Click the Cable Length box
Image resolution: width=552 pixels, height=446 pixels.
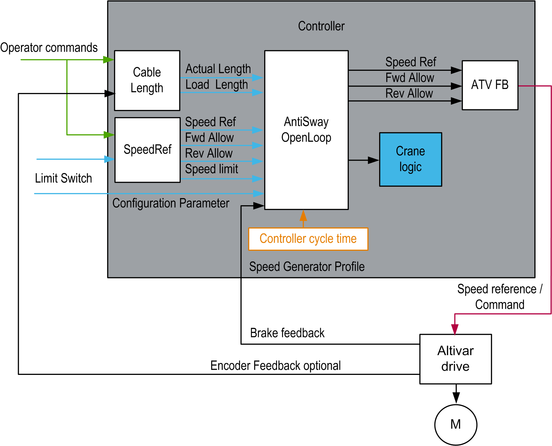tap(147, 80)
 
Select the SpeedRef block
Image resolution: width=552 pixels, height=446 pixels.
tap(147, 150)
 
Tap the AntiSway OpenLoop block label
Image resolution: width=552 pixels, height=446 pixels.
tap(306, 130)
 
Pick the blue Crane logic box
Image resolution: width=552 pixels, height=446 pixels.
tap(410, 159)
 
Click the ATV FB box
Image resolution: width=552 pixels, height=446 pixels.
tap(490, 85)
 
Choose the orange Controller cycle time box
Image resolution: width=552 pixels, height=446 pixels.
tap(308, 239)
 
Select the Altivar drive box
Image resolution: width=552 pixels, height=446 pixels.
tap(455, 359)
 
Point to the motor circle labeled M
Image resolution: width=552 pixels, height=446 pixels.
tap(455, 424)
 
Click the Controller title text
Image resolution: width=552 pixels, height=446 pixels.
tap(321, 26)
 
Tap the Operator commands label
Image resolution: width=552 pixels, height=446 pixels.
tap(49, 48)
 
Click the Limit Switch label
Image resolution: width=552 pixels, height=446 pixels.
tap(63, 178)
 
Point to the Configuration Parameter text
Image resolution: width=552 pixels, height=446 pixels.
tap(171, 203)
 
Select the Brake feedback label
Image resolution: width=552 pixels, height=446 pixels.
tap(287, 333)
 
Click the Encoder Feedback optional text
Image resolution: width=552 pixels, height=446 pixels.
tap(275, 366)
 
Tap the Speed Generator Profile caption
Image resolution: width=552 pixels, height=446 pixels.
tap(307, 267)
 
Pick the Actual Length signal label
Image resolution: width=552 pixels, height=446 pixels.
tap(218, 69)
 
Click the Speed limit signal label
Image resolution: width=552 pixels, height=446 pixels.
tap(212, 169)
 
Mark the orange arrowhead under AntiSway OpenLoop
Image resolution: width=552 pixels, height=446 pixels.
tap(303, 215)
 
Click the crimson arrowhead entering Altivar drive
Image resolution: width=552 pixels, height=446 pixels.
tap(455, 329)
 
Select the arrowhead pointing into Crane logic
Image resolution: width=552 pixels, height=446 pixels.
tap(373, 160)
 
